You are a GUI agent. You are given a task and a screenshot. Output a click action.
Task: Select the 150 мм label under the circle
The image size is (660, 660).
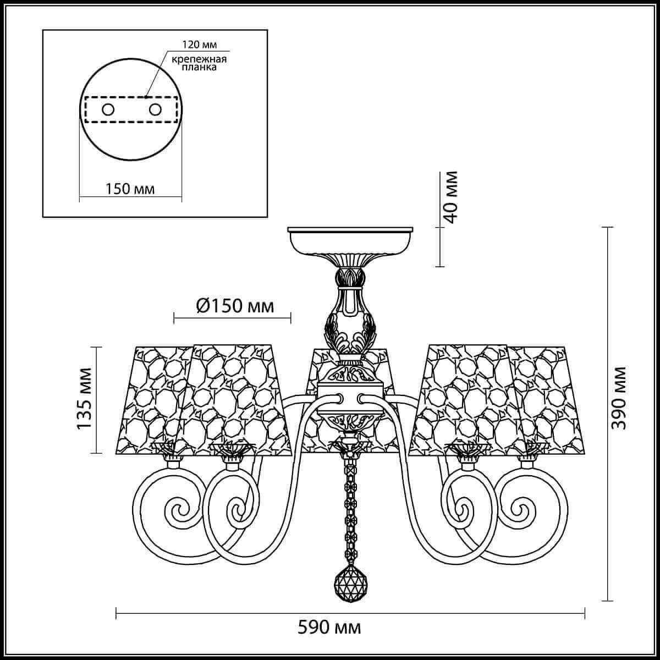coord(130,189)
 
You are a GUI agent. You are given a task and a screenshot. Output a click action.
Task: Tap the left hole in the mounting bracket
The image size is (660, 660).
coord(108,109)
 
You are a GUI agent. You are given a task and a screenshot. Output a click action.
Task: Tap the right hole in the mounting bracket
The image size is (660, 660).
coord(155,109)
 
